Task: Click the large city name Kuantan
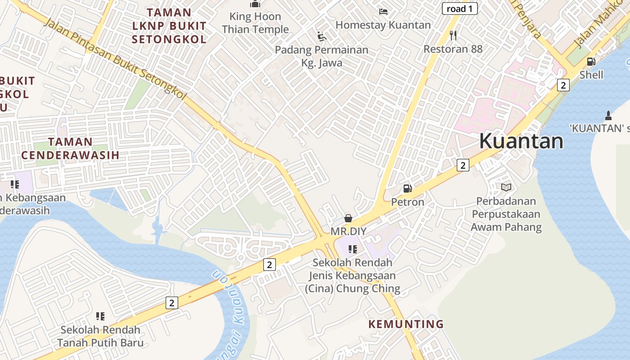(x=521, y=141)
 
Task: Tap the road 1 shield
(x=459, y=9)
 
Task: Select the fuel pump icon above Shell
(x=591, y=62)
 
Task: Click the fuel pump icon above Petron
(x=407, y=189)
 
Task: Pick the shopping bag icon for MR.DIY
(x=348, y=218)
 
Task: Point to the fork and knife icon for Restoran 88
(x=453, y=35)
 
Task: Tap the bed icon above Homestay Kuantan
(x=383, y=11)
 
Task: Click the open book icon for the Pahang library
(x=506, y=187)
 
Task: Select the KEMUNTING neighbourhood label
(x=406, y=324)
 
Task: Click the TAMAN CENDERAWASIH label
(x=70, y=148)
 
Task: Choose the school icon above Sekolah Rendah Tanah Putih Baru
(x=100, y=316)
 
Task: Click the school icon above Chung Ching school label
(x=353, y=249)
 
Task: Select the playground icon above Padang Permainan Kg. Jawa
(x=321, y=36)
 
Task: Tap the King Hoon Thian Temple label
(x=255, y=23)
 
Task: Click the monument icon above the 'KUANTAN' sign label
(x=608, y=115)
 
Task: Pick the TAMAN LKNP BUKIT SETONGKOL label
(x=169, y=26)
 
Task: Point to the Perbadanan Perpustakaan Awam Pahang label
(x=506, y=214)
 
